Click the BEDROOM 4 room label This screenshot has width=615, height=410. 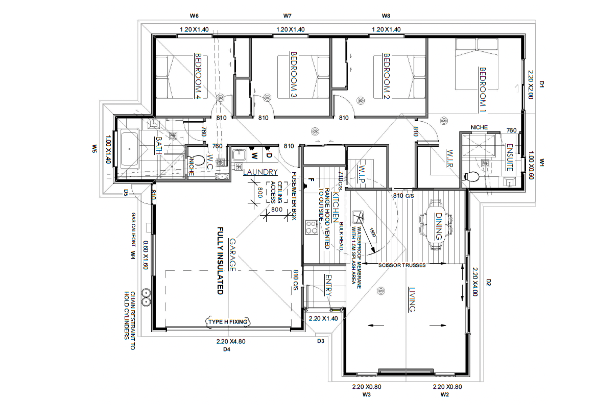click(x=198, y=76)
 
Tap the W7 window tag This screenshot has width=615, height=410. click(x=287, y=16)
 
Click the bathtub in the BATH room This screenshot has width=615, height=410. click(x=130, y=149)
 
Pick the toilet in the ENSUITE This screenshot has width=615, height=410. click(x=471, y=177)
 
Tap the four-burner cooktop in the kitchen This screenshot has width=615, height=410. click(x=311, y=227)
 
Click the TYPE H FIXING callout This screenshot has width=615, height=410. click(x=228, y=322)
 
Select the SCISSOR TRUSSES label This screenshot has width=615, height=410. click(x=402, y=265)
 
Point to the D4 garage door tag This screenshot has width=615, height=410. click(x=227, y=349)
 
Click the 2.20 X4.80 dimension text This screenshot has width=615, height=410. click(x=231, y=342)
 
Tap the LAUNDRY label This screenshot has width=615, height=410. click(x=260, y=172)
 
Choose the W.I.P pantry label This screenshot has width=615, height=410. click(x=362, y=174)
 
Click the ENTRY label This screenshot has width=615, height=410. click(x=328, y=285)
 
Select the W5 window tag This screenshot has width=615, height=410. click(x=94, y=149)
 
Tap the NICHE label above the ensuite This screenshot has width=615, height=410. click(x=479, y=127)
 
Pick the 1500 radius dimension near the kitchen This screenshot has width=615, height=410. click(x=373, y=232)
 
